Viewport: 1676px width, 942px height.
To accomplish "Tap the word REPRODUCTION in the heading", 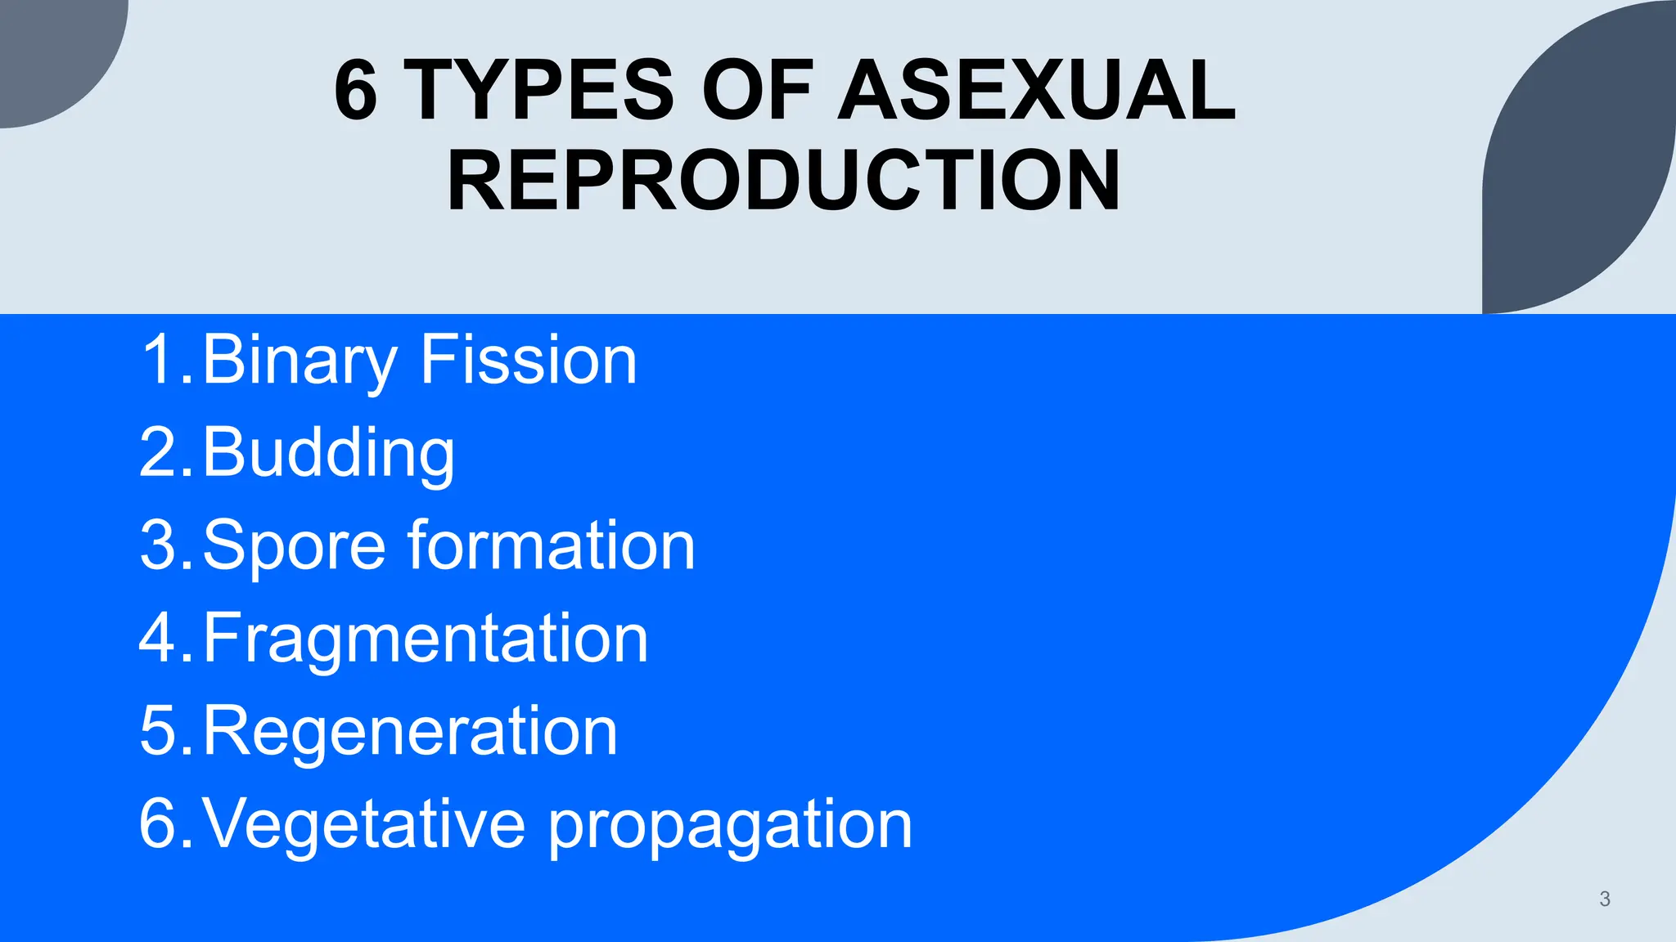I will pos(783,181).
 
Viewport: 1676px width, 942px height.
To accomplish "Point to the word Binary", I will pos(299,361).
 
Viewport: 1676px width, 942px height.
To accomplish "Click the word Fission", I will pos(528,361).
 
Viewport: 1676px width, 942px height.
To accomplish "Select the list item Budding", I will pos(327,453).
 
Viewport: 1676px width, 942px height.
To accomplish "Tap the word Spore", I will pos(293,545).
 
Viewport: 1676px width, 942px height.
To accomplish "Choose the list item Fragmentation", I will pos(426,638).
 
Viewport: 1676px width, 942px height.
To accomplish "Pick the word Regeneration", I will pos(409,730).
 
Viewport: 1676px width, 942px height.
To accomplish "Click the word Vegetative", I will pos(363,823).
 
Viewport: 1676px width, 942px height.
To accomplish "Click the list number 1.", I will pos(163,360).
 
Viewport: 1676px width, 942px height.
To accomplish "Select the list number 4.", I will pos(163,638).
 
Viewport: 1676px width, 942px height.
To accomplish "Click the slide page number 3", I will pos(1604,899).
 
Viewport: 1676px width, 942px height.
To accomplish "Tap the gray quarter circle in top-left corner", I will pos(49,49).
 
